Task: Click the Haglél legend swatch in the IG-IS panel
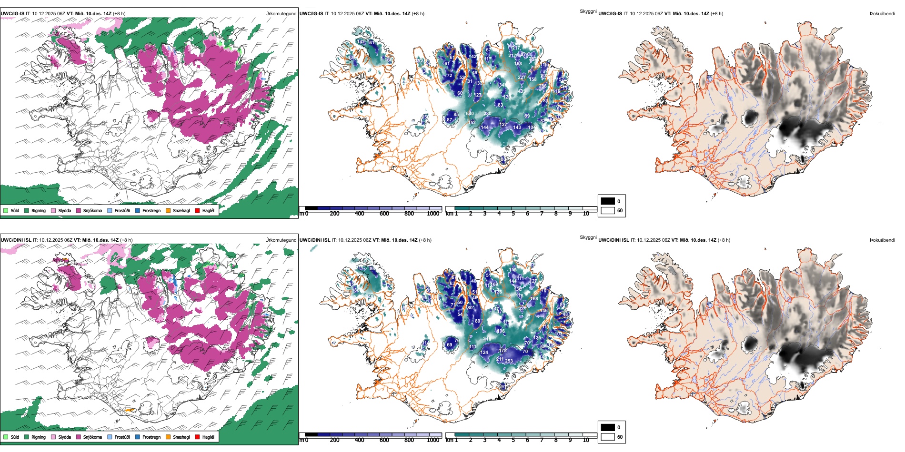point(198,210)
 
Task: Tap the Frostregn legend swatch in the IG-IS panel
point(138,210)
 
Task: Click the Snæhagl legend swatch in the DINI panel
point(168,437)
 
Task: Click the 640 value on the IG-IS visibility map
point(470,114)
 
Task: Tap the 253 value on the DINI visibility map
point(509,361)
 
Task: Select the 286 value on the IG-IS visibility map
point(543,87)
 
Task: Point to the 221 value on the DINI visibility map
point(522,309)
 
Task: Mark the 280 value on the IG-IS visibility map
point(487,114)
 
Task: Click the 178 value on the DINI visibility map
point(503,351)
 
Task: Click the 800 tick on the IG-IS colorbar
point(409,214)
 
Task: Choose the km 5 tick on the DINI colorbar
point(513,440)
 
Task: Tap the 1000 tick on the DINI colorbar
point(433,440)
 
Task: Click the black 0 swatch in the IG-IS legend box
point(608,201)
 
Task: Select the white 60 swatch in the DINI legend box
point(608,436)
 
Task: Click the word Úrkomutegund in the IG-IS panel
point(281,14)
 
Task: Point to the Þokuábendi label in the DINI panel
point(882,240)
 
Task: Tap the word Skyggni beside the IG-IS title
point(588,11)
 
